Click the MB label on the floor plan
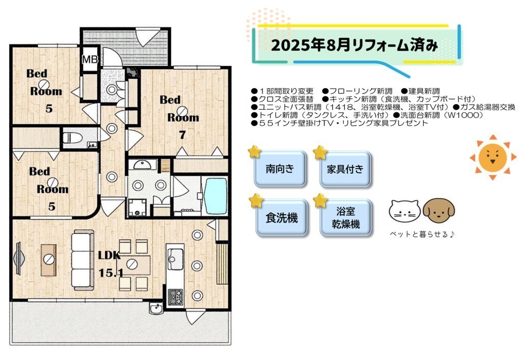coord(90,60)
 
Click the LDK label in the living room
coord(109,255)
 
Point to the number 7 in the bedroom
coord(182,135)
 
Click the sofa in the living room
coord(83,260)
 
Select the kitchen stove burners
coord(175,297)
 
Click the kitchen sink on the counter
coord(175,259)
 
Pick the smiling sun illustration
coord(493,158)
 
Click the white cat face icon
coord(405,211)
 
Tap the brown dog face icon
coord(438,210)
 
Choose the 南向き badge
coord(280,169)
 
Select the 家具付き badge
coord(345,169)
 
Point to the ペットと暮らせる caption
coord(422,234)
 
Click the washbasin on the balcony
coord(155,308)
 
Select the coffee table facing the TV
coord(49,260)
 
